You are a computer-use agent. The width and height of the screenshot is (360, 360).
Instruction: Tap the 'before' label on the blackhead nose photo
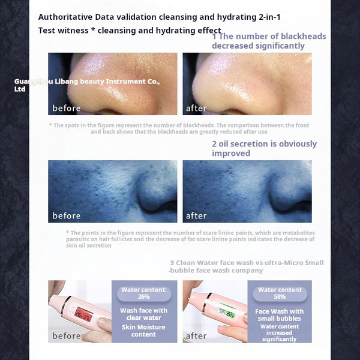(x=66, y=109)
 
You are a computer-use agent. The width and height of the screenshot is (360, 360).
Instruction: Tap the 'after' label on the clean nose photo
(x=196, y=109)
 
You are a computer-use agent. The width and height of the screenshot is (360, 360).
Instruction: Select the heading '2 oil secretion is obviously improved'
(x=264, y=148)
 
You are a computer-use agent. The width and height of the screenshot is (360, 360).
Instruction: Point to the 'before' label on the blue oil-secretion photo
(x=66, y=216)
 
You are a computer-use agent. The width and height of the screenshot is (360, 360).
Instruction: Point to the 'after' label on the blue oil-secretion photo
(x=196, y=216)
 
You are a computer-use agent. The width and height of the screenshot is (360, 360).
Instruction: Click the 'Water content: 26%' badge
(x=144, y=293)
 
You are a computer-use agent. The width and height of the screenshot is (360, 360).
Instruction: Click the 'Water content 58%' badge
(x=280, y=293)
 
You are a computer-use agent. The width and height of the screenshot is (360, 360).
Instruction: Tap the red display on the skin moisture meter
(x=82, y=314)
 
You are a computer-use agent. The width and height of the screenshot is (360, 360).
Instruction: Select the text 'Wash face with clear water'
(x=144, y=314)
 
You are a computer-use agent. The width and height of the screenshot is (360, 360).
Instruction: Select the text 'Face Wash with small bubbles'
(x=280, y=314)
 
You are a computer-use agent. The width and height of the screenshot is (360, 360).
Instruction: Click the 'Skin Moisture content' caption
(x=144, y=331)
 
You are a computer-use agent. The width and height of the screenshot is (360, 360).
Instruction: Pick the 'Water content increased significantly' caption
(x=280, y=333)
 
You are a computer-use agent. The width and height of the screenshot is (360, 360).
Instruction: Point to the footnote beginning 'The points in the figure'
(x=190, y=239)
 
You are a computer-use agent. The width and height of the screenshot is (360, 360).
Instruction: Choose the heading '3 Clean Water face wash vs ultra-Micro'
(x=246, y=266)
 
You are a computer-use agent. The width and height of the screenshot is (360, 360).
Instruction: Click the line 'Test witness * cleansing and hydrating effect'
(x=129, y=30)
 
